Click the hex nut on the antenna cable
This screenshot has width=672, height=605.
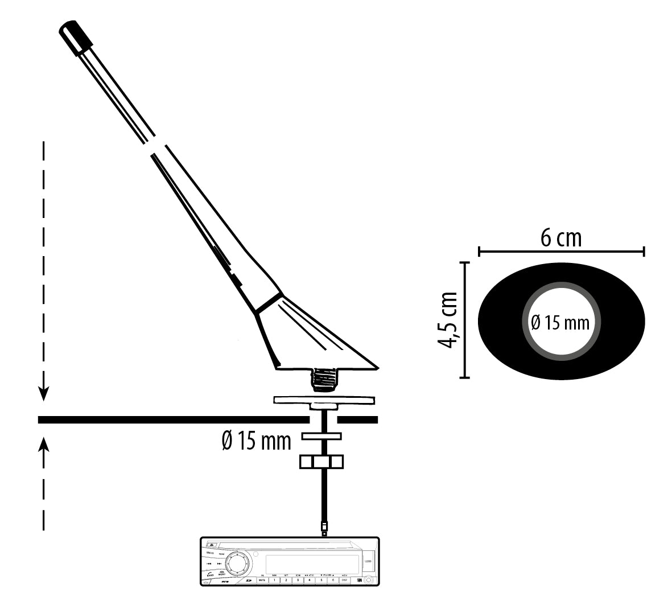tap(322, 461)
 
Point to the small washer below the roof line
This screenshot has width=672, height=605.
tap(321, 437)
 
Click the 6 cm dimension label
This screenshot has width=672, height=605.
tap(561, 237)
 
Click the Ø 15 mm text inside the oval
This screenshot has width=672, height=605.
tap(560, 323)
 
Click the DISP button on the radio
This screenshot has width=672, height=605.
tap(344, 580)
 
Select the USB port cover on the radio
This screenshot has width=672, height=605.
tap(368, 562)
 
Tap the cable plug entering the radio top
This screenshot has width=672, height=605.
tap(324, 528)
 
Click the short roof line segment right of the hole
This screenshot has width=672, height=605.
tap(357, 420)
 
